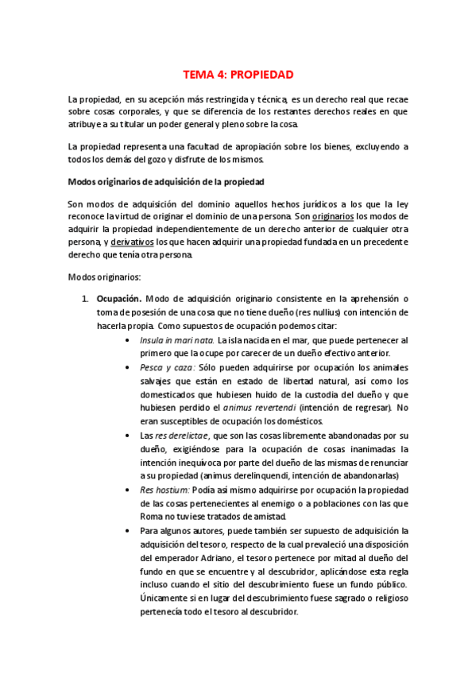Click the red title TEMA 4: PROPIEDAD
click(x=238, y=75)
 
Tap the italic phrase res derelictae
click(x=180, y=436)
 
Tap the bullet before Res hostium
click(x=130, y=490)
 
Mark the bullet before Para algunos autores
click(x=130, y=531)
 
